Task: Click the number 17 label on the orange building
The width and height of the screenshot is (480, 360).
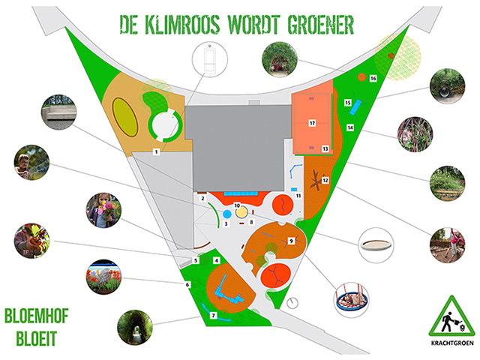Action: coord(311,122)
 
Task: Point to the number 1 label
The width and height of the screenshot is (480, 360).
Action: coord(156,152)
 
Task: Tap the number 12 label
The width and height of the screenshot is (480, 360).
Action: coord(325,180)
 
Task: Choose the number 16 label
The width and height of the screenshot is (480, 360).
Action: coord(373,78)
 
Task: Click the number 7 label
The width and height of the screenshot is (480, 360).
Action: coord(213,316)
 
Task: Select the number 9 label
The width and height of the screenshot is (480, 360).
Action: coord(292,240)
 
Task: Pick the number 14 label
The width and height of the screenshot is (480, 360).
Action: coord(349,128)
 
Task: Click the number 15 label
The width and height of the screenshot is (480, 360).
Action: coord(347,102)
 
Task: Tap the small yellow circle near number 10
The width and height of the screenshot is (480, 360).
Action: coord(241,214)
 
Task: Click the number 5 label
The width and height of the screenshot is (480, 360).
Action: coord(195,260)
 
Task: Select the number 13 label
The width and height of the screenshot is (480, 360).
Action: coord(325,148)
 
